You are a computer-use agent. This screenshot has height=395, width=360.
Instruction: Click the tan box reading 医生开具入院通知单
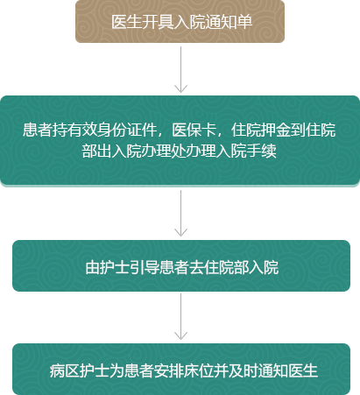pyautogui.click(x=180, y=21)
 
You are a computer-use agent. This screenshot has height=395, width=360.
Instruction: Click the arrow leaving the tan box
pyautogui.click(x=180, y=69)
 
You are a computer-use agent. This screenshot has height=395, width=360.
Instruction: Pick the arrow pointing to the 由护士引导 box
pyautogui.click(x=180, y=213)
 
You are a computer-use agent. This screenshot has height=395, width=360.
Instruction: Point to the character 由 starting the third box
pyautogui.click(x=93, y=267)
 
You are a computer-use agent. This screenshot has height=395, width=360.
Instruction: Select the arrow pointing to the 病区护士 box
pyautogui.click(x=180, y=317)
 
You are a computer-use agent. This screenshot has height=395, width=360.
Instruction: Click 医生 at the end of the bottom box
pyautogui.click(x=303, y=371)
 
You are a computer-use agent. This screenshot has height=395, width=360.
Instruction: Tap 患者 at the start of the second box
pyautogui.click(x=38, y=130)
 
